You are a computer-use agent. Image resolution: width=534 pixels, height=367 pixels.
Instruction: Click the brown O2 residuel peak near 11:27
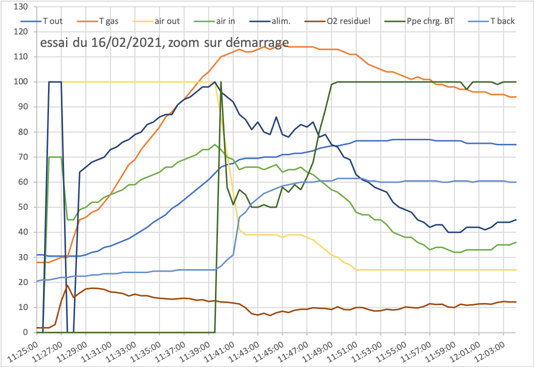point(67,285)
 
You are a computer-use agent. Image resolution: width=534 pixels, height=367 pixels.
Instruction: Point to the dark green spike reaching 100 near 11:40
point(221,82)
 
